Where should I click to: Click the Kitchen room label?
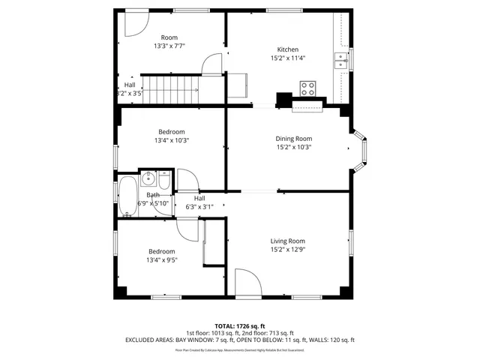point(288,49)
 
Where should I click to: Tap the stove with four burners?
point(307,87)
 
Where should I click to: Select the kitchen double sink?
point(341,61)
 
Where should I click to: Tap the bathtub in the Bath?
point(127,196)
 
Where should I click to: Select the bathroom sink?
point(148,178)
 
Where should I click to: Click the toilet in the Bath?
point(164,178)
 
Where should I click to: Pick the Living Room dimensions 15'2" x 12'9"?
point(288,250)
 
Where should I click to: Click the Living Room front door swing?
point(247,281)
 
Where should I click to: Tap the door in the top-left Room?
point(135,23)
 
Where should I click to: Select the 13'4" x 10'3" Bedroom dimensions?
point(172,140)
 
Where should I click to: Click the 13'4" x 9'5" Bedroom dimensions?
point(161,260)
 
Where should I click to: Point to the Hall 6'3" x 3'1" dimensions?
point(199,207)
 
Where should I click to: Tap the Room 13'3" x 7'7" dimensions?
point(169,46)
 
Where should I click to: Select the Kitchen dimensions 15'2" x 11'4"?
point(288,58)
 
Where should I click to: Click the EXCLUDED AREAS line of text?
point(239,340)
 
